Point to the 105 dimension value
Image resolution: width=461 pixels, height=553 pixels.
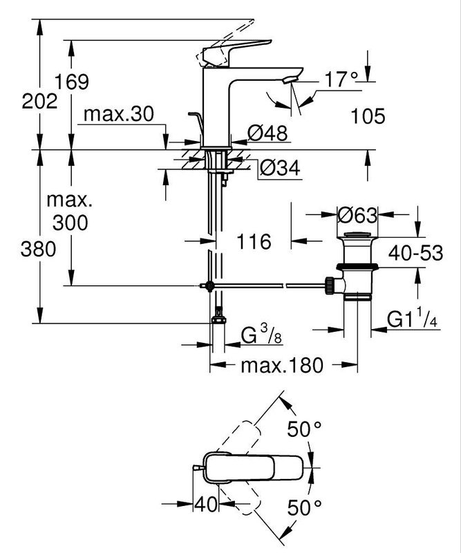pos(367,115)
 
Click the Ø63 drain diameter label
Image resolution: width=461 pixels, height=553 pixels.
pos(357,215)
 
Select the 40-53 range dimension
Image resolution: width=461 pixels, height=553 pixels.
pos(415,252)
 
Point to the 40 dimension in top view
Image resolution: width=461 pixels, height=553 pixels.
pos(205,503)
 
